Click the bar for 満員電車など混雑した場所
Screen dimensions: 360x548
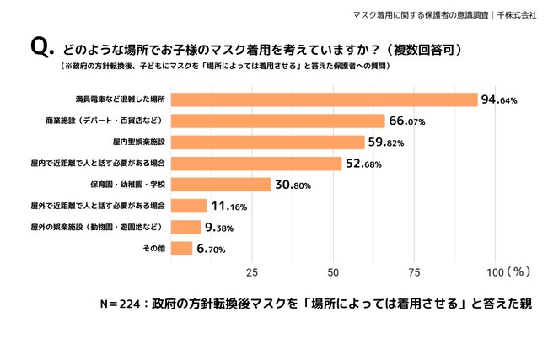pos(324,99)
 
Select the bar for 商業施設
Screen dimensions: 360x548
pos(277,121)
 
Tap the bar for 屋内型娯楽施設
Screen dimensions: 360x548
pos(267,142)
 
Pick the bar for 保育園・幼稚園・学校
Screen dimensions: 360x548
pos(220,185)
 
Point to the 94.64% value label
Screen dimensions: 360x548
pos(498,99)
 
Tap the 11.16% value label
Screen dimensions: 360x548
pos(228,206)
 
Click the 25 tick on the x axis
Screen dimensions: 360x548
pos(251,271)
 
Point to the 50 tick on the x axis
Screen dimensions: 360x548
pos(333,271)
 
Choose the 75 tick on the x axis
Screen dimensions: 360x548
pos(414,271)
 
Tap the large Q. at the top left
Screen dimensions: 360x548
pos(42,48)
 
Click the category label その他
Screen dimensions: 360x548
pos(154,249)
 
